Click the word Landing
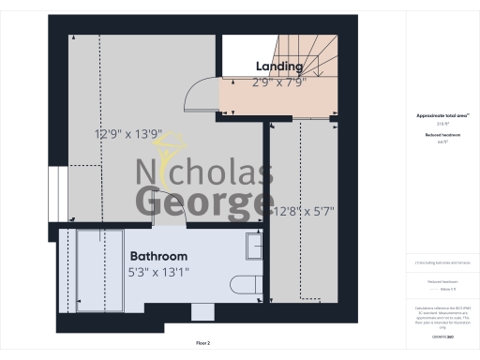(279, 67)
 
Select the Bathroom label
(158, 256)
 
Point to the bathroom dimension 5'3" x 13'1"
(158, 273)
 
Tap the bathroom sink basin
(253, 247)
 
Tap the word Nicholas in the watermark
(205, 173)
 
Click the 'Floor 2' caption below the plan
(202, 344)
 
